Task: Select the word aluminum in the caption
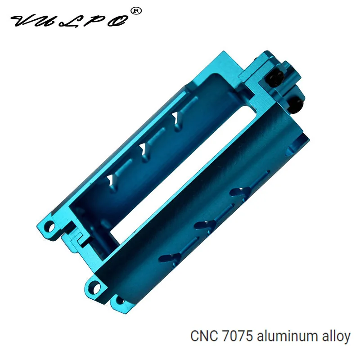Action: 287,337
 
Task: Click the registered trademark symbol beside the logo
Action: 136,11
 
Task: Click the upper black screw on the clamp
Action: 274,78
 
